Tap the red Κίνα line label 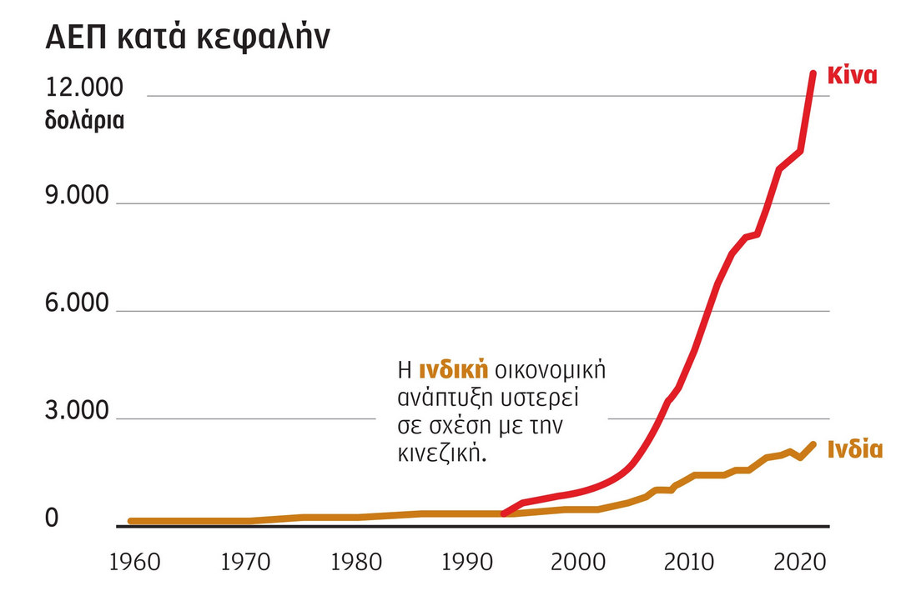coord(851,76)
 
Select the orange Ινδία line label coord(854,450)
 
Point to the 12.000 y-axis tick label coord(83,88)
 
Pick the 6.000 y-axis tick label coord(78,303)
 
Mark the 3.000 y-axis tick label coord(78,412)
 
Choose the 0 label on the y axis coord(52,518)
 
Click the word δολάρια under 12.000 coord(84,120)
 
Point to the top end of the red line coord(813,74)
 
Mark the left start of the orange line coord(131,521)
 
